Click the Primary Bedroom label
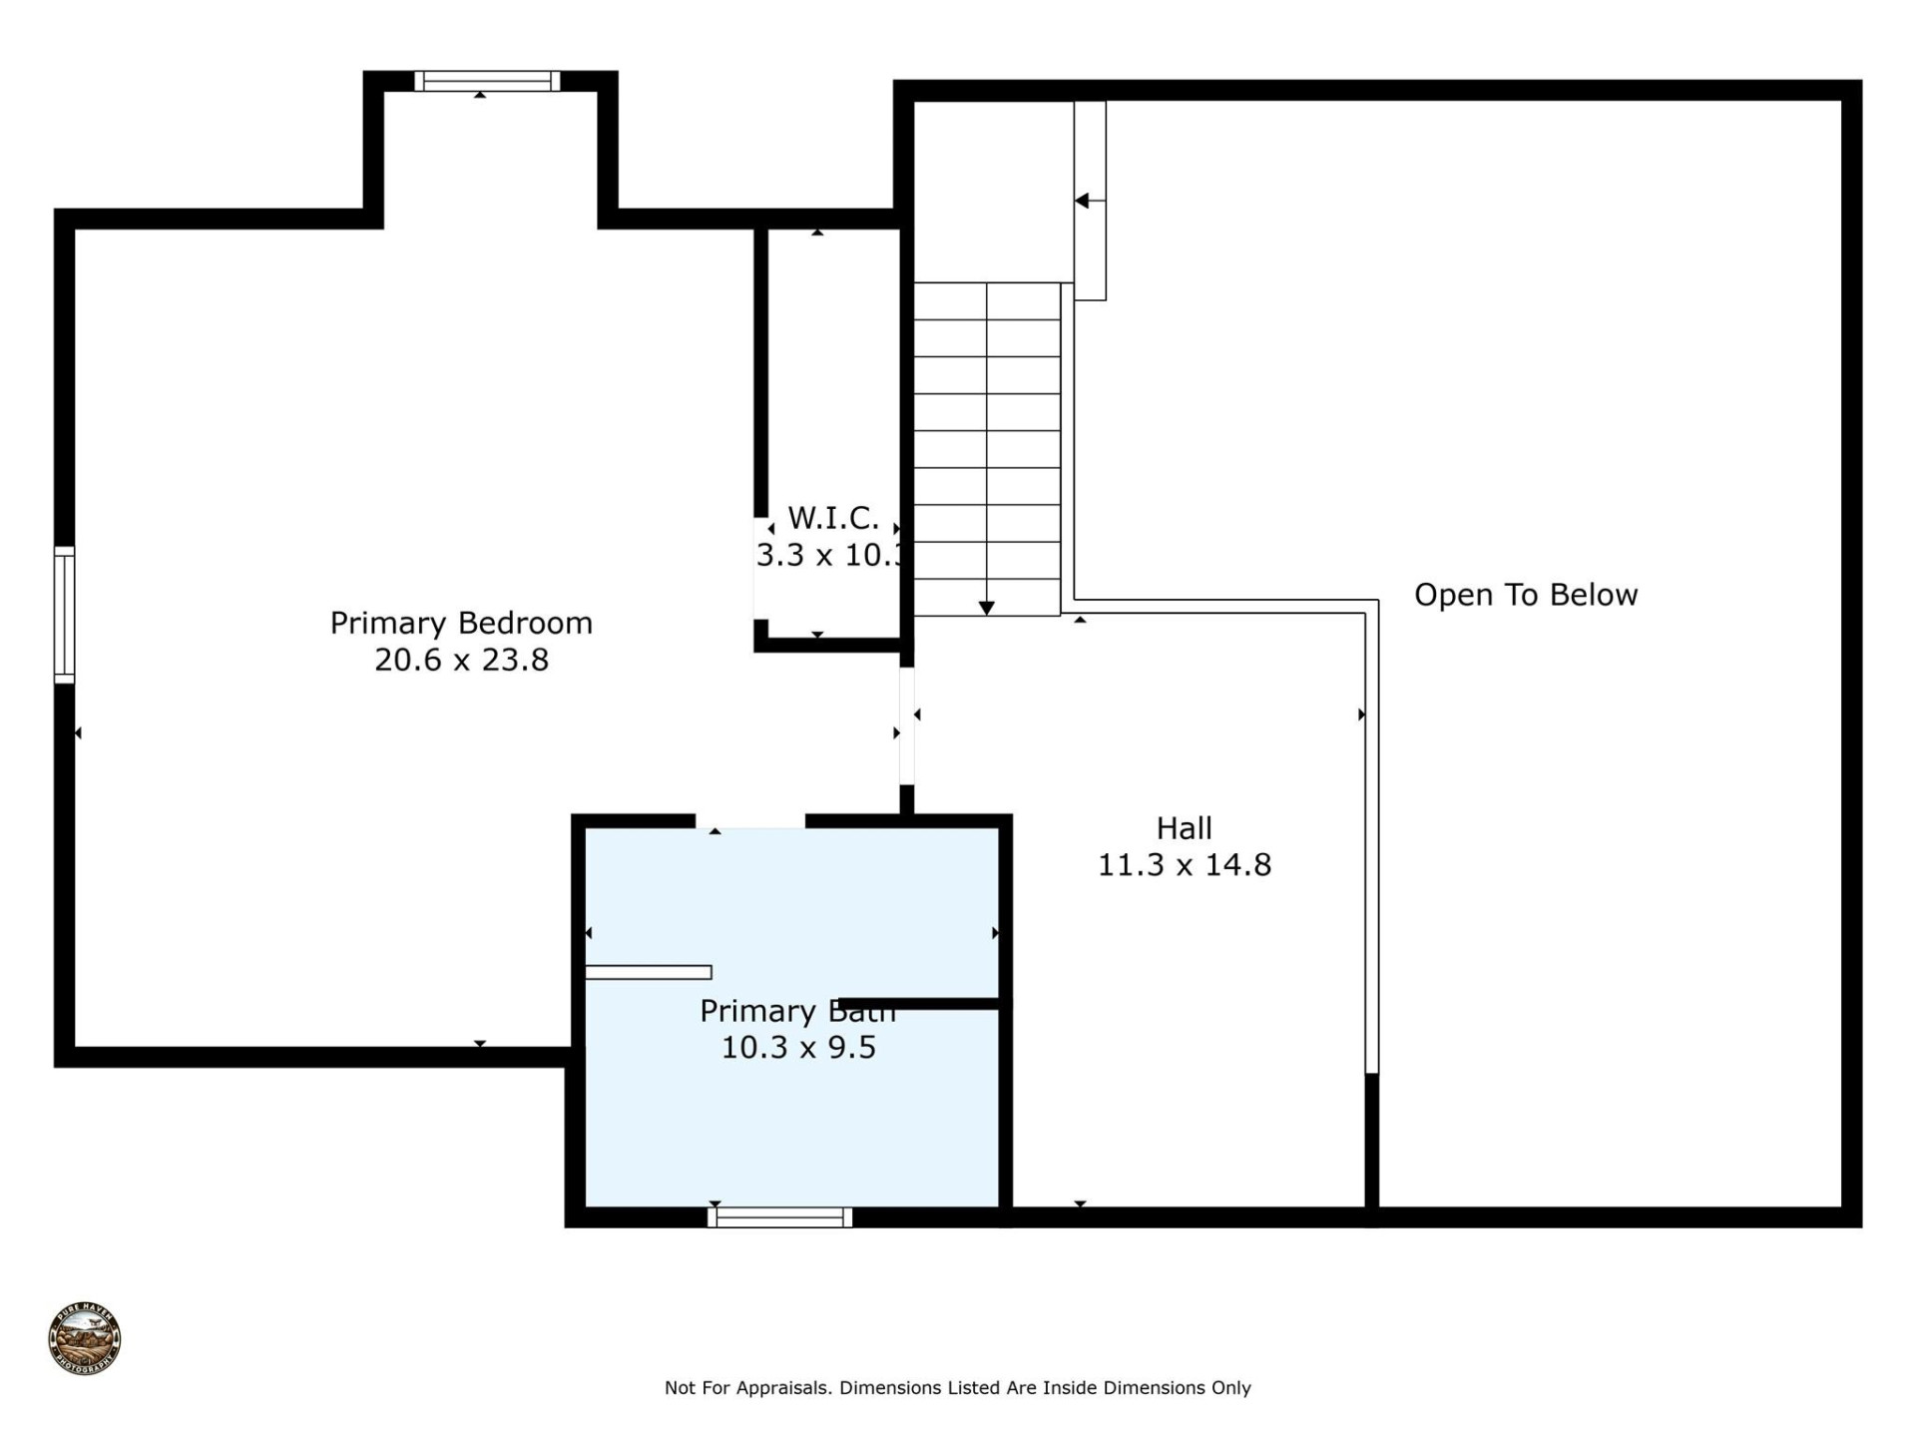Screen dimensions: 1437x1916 pyautogui.click(x=461, y=623)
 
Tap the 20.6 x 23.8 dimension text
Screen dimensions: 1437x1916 pyautogui.click(x=461, y=661)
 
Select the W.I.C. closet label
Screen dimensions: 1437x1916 pyautogui.click(x=833, y=518)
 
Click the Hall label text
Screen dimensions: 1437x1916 pyautogui.click(x=1184, y=828)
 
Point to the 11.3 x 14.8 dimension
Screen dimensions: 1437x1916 pyautogui.click(x=1184, y=865)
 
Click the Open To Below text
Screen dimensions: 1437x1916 pyautogui.click(x=1525, y=595)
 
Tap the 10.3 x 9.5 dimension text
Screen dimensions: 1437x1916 pyautogui.click(x=798, y=1048)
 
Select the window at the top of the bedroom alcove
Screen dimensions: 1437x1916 pyautogui.click(x=487, y=81)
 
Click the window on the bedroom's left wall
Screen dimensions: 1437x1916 pyautogui.click(x=64, y=615)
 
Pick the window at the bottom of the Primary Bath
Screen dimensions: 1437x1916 pyautogui.click(x=779, y=1216)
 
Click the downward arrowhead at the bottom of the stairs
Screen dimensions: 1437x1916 pyautogui.click(x=986, y=608)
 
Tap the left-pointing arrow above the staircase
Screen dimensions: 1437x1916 pyautogui.click(x=1083, y=201)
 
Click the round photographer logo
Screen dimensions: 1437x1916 pyautogui.click(x=85, y=1339)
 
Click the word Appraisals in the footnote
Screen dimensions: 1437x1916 pyautogui.click(x=783, y=1388)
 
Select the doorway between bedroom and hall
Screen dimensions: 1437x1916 pyautogui.click(x=907, y=725)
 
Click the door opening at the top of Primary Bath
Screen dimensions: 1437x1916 pyautogui.click(x=750, y=822)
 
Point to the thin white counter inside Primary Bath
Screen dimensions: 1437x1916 pyautogui.click(x=649, y=972)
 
